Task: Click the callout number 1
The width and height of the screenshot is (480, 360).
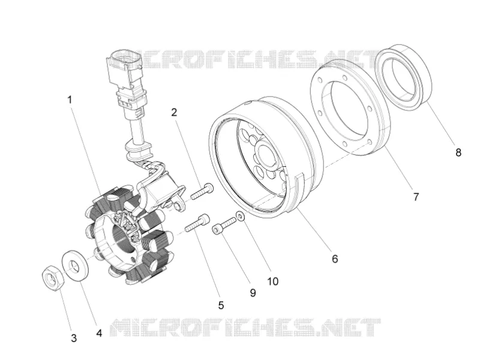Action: tap(70, 100)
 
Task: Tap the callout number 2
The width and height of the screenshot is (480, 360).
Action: tap(174, 112)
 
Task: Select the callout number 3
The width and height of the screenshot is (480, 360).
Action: tap(73, 338)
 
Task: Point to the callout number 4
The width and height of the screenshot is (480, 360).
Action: tap(99, 333)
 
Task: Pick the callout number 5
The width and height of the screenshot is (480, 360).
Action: tap(221, 305)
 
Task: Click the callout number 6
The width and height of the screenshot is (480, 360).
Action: tap(335, 259)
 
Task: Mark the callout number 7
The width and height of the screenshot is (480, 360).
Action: tap(416, 197)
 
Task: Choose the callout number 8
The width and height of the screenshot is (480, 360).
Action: tap(458, 152)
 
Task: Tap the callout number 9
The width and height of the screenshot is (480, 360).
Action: tap(253, 293)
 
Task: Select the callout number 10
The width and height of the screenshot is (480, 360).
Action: tap(273, 281)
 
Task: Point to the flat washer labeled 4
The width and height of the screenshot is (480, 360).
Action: tap(76, 265)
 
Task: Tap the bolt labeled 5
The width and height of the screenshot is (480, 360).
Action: tap(198, 223)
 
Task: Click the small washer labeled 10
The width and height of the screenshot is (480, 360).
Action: tap(241, 216)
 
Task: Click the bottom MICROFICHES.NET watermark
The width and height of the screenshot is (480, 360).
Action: tap(245, 327)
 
